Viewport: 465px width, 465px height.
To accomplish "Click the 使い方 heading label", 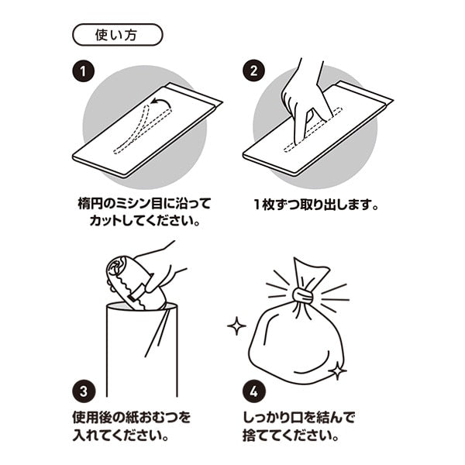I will pos(117,34).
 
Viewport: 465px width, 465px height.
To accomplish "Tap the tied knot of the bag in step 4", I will pos(303,295).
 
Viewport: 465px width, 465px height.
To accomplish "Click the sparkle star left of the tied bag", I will pos(236,325).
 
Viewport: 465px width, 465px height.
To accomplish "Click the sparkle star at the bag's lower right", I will pos(338,371).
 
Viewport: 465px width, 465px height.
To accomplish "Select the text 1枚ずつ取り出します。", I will pos(316,206).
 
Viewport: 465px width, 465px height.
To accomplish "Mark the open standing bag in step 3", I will pos(142,349).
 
